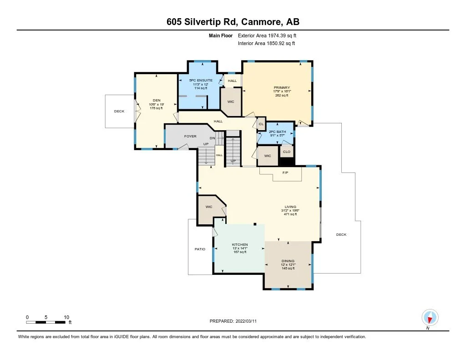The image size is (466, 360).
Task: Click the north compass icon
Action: [x=430, y=318]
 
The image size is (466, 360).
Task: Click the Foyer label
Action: [x=190, y=136]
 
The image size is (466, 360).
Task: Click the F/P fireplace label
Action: [x=285, y=172]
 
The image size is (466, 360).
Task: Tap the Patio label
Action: [x=200, y=249]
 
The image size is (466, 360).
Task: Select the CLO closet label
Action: [x=287, y=152]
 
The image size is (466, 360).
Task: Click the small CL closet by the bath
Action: [x=261, y=124]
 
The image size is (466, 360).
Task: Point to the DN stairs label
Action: [x=213, y=138]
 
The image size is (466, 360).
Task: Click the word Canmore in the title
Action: [x=261, y=22]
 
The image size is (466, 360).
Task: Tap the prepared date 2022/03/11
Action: [x=246, y=321]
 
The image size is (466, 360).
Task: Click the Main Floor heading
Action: [x=221, y=35]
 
